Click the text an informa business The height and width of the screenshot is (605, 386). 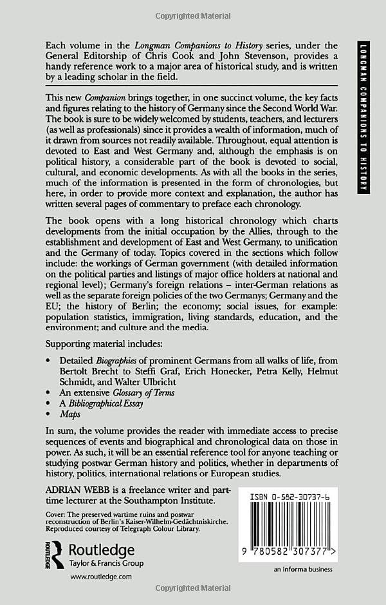303,570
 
